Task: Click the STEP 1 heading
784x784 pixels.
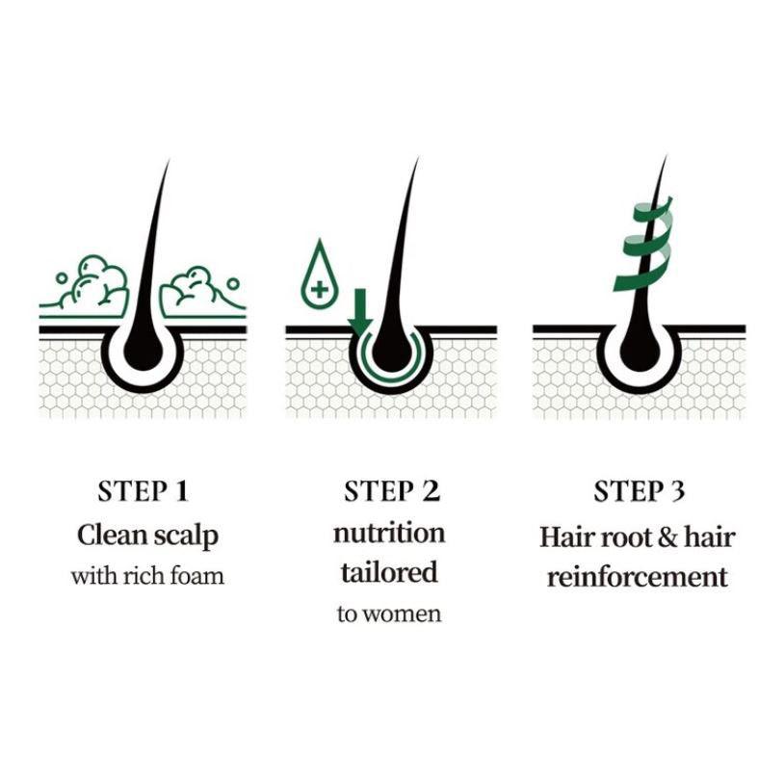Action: [x=143, y=491]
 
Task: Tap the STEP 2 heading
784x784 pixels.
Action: [x=391, y=491]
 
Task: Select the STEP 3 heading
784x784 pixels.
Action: [x=639, y=491]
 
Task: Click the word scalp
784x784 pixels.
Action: [x=186, y=536]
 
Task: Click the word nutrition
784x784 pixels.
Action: [x=389, y=533]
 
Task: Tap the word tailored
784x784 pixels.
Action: [x=389, y=572]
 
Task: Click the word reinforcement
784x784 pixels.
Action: [x=638, y=577]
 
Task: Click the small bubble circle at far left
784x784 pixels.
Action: [x=61, y=278]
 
